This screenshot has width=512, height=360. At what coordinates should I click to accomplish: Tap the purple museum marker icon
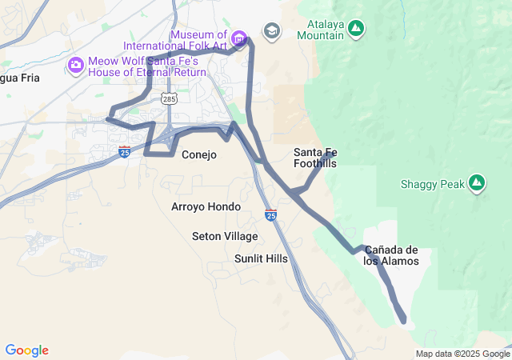238,38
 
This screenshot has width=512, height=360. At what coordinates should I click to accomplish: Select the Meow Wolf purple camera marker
76,65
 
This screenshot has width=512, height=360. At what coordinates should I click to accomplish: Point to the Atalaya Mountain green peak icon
357,30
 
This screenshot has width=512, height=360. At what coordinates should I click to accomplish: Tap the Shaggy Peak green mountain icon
477,184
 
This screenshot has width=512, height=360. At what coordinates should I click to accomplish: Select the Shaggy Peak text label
432,185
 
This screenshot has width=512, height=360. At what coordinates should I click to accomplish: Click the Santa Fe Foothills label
315,158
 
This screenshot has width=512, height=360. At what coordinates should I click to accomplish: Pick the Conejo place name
199,154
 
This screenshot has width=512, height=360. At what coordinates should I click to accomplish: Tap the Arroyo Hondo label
206,206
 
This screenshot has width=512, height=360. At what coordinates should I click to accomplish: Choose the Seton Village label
225,236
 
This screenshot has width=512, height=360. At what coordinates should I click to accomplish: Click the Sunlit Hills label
261,258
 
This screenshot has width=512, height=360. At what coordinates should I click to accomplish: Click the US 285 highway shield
168,98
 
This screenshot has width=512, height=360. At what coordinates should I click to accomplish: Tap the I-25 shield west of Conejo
124,151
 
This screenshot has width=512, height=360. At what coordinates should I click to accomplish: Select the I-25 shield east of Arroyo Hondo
271,214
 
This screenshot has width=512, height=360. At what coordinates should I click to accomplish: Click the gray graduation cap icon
272,30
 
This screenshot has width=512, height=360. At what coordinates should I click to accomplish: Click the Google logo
26,350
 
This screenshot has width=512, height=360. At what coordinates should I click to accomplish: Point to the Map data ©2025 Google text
462,354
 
